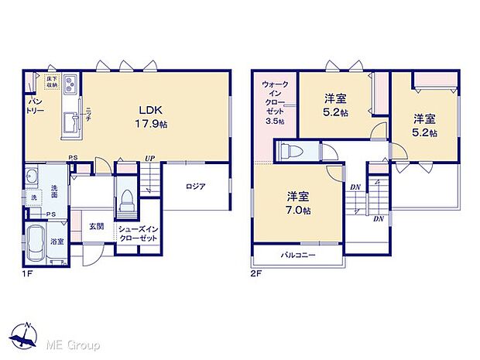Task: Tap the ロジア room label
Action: pos(195,186)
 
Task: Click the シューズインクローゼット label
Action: pos(139,234)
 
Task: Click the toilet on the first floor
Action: pos(125,205)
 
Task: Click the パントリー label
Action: pos(36,107)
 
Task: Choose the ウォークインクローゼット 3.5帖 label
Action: pos(273,102)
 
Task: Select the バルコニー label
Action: pos(297,255)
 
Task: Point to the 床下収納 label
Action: pos(52,80)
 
